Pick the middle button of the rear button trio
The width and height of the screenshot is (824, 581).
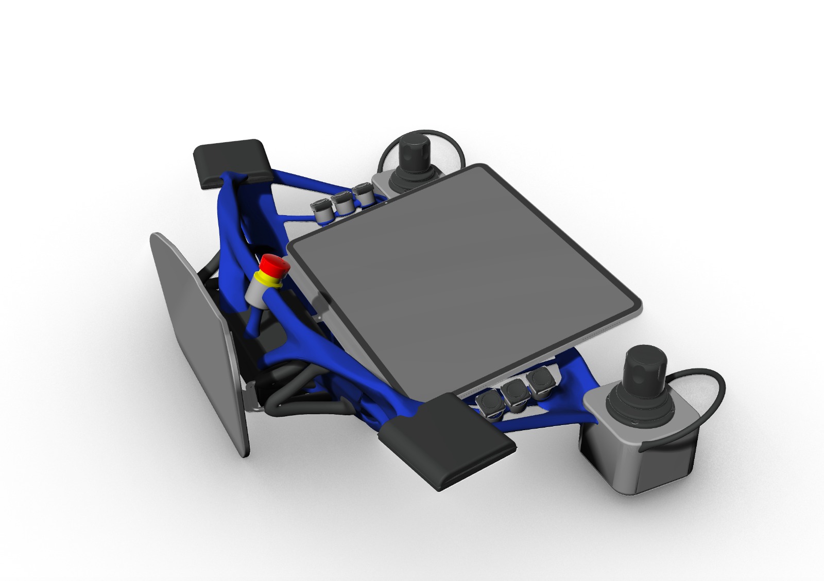point(341,202)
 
